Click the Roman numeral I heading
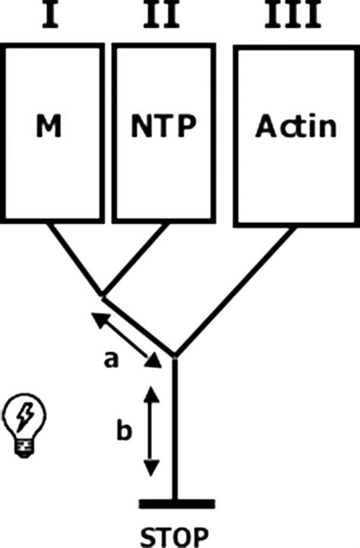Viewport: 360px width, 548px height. click(x=50, y=14)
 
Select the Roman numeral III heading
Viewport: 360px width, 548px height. click(x=291, y=14)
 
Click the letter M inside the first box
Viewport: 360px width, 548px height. click(x=51, y=128)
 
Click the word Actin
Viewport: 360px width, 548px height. click(x=295, y=126)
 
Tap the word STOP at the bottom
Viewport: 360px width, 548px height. click(x=177, y=537)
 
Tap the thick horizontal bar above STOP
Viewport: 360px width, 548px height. click(x=176, y=503)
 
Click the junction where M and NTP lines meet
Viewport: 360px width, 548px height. click(x=103, y=293)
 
